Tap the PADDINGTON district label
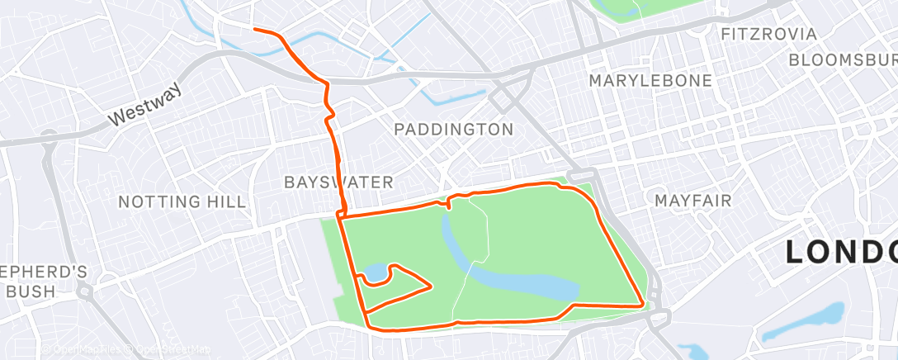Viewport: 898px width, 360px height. (x=453, y=130)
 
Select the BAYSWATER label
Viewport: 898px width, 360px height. (x=338, y=182)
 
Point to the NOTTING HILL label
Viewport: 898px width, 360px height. (x=182, y=201)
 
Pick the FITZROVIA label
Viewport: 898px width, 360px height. (x=768, y=35)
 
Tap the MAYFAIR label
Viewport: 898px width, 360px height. (x=694, y=201)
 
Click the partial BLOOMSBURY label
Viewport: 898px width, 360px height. (x=842, y=60)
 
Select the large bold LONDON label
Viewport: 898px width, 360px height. (x=840, y=252)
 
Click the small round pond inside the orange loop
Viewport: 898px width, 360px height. (x=375, y=272)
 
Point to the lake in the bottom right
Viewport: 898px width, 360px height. (x=804, y=323)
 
